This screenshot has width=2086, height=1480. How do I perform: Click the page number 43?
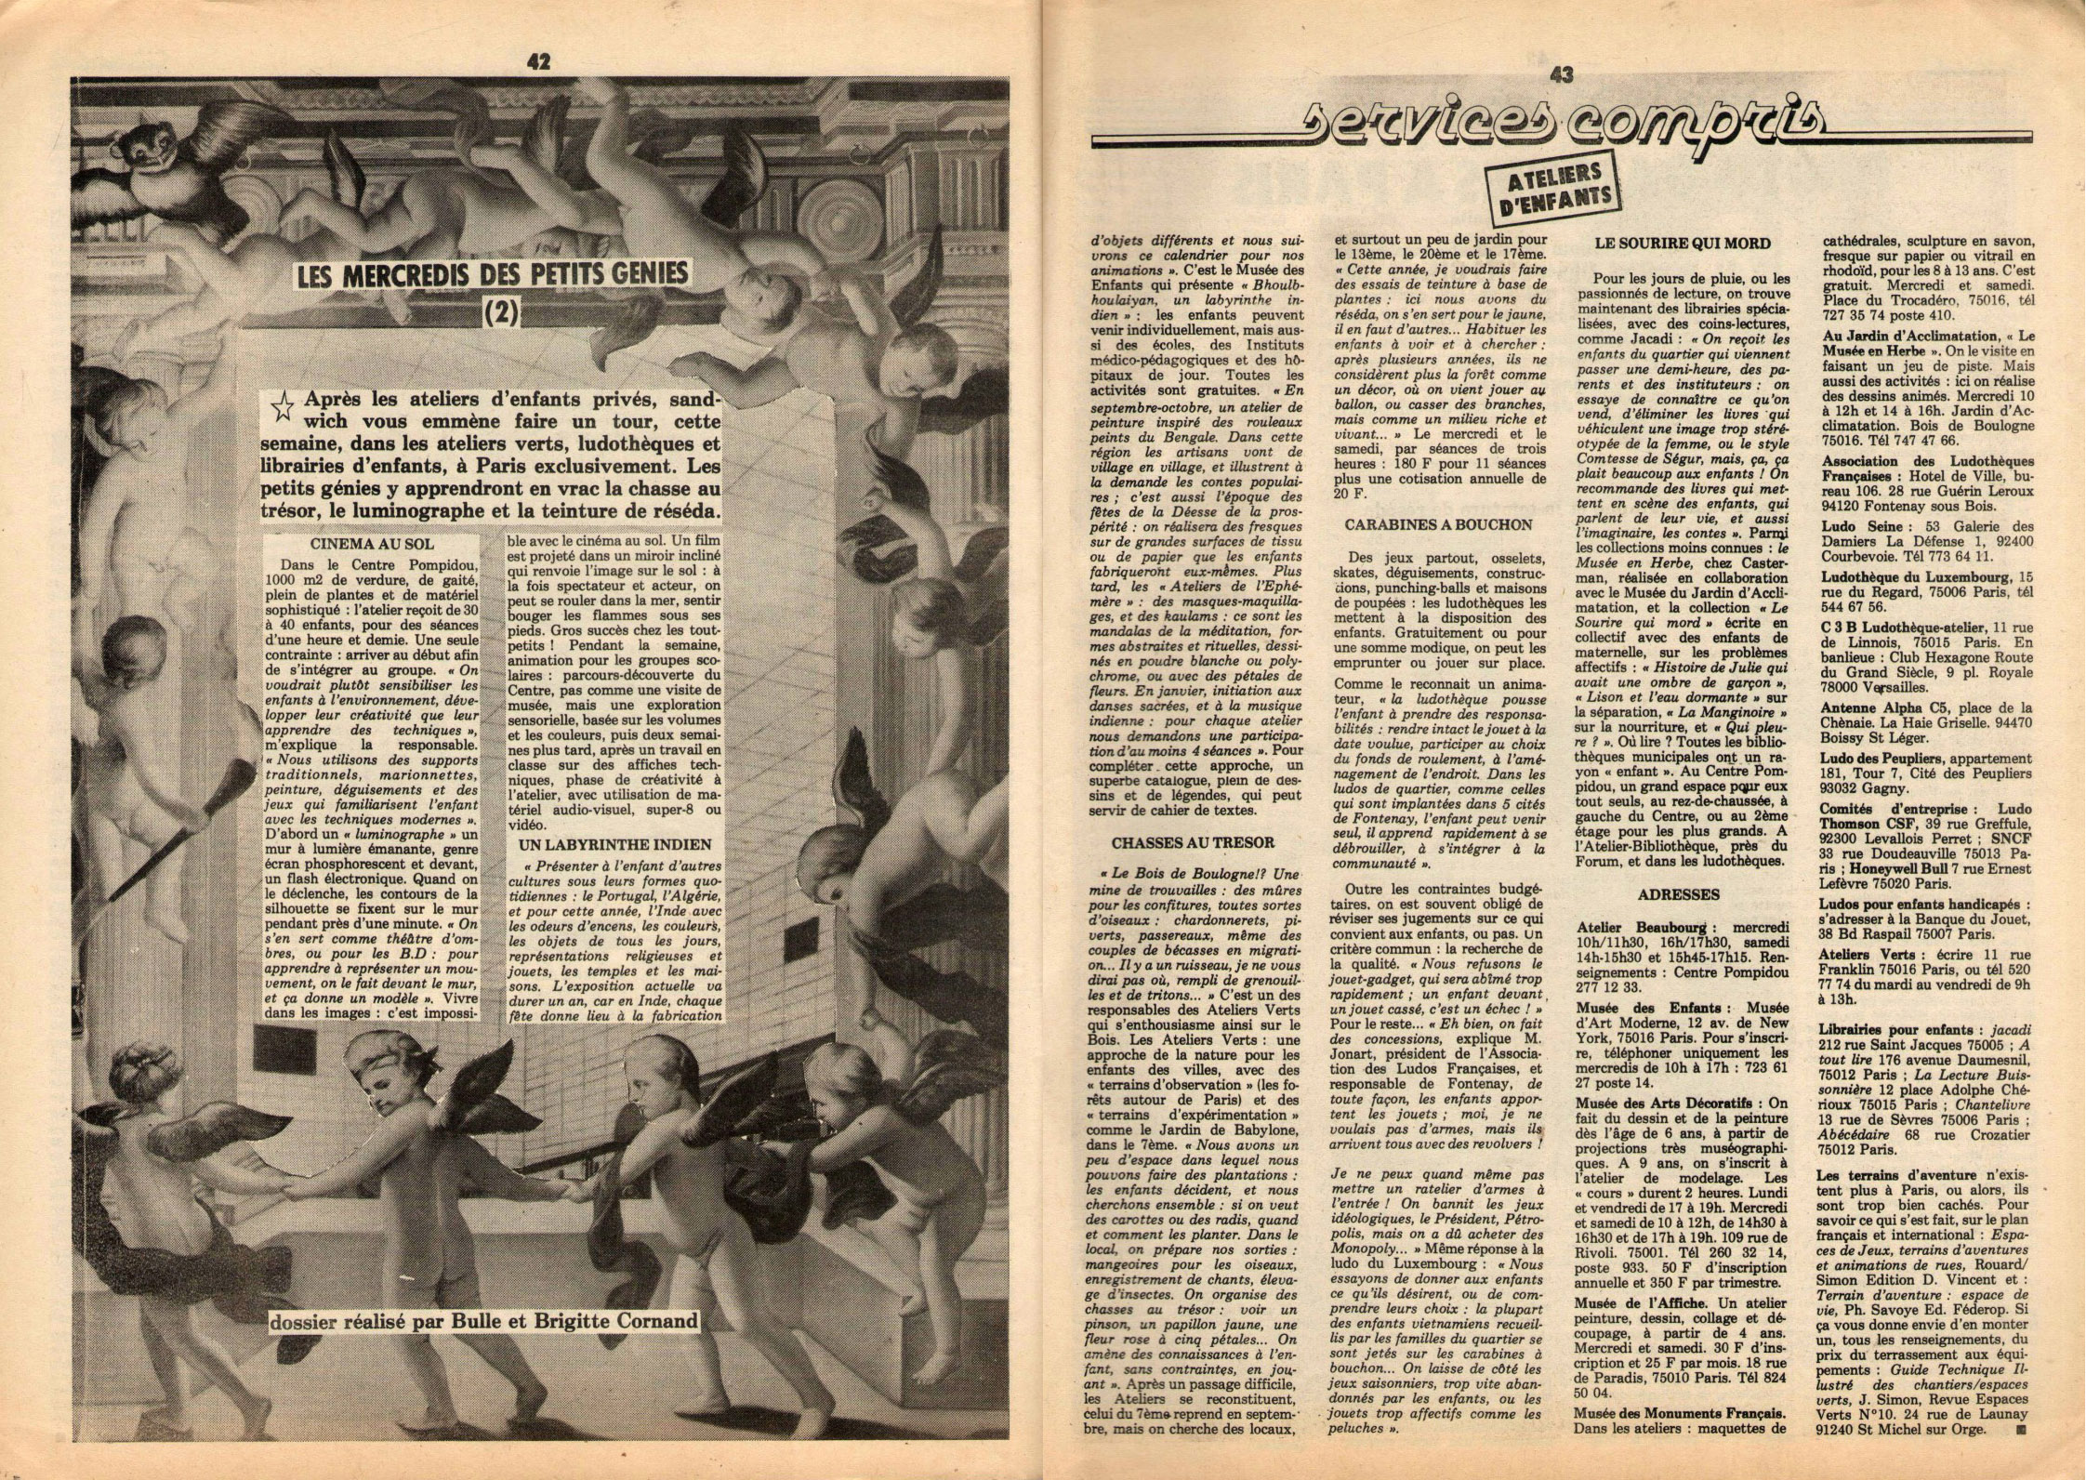(x=1561, y=76)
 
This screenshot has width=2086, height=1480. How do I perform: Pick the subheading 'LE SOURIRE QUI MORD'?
(x=1682, y=244)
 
